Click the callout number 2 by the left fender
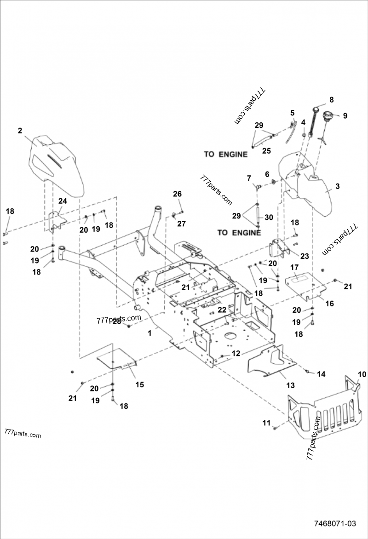[x=20, y=131]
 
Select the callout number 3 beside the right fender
[x=337, y=186]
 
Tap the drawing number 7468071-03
[x=335, y=524]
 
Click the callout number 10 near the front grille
[x=362, y=374]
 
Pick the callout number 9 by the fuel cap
[x=345, y=115]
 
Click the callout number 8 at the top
[x=331, y=99]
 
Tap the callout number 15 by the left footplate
[x=139, y=384]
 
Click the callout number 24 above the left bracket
[x=62, y=201]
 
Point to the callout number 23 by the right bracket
[x=305, y=256]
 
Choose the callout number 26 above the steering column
[x=178, y=194]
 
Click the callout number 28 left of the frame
[x=117, y=321]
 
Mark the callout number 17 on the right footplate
[x=294, y=267]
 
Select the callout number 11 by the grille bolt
[x=266, y=423]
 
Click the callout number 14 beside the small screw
[x=321, y=374]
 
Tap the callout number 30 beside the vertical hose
[x=269, y=217]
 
